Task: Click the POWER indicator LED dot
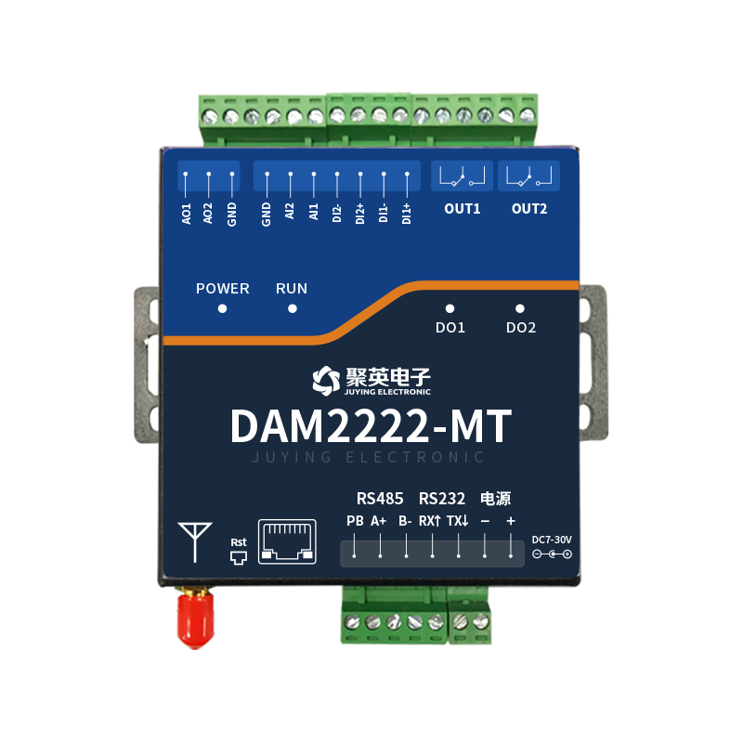222,308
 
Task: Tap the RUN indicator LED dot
292,308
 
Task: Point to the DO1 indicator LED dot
450,308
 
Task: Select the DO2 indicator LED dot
520,308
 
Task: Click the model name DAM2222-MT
371,426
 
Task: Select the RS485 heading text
380,498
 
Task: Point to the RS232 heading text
442,498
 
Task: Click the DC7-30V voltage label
552,540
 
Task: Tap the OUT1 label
463,209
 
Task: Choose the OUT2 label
529,209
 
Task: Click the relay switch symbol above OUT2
529,176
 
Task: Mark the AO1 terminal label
187,214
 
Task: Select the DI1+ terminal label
407,215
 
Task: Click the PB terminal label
355,521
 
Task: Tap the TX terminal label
457,521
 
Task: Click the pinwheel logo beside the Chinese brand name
322,378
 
